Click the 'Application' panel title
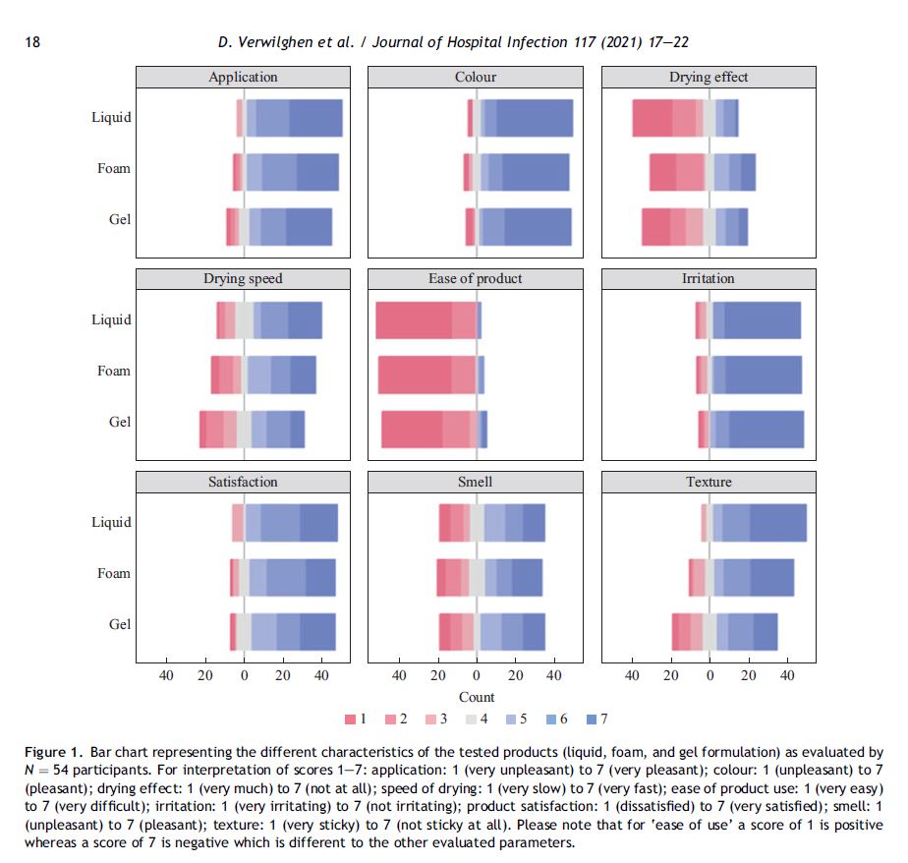(x=243, y=77)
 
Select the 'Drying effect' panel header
(x=708, y=77)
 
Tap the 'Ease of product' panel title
(x=476, y=279)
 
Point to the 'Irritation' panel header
(x=708, y=279)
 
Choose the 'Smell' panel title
(x=476, y=482)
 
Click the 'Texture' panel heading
(x=708, y=482)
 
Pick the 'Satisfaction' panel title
(x=243, y=482)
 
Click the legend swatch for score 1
(x=351, y=719)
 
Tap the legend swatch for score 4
(x=471, y=719)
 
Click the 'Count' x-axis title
(x=477, y=697)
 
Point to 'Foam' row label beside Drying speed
(x=114, y=371)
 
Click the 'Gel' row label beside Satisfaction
(x=120, y=624)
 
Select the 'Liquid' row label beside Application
(x=111, y=117)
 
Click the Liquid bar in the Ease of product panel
(x=428, y=319)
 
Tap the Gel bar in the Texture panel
(x=724, y=631)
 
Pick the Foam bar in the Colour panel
(x=516, y=172)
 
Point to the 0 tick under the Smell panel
(x=477, y=675)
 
